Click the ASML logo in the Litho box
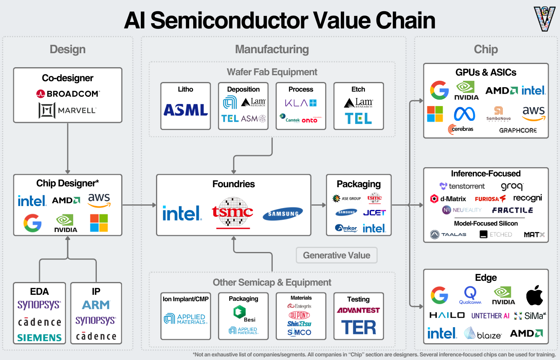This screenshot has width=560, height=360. coord(186,110)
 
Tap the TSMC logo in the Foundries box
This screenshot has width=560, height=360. coord(232,212)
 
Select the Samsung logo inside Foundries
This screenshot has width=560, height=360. coord(283,214)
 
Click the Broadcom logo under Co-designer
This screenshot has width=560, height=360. coord(68,94)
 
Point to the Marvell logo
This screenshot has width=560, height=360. coord(68,110)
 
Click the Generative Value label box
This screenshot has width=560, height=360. coord(336,255)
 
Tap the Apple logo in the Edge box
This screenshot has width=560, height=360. coord(534,295)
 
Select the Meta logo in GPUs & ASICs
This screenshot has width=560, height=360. coord(464,114)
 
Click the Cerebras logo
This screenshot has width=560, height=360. coord(461,129)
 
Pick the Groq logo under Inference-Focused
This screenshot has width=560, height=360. coord(512,186)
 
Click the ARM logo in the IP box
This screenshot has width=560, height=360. coord(96,305)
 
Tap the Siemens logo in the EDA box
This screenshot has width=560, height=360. coord(40,338)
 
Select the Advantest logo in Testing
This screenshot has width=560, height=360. coord(358,310)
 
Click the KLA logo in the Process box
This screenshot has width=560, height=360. coord(301,103)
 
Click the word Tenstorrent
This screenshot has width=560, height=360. coord(466,186)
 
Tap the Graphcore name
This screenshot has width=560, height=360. coord(518,130)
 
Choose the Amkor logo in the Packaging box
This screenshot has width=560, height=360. coord(346,228)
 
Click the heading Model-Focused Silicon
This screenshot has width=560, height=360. coord(486,223)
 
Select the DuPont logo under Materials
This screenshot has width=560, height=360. coord(299,315)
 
